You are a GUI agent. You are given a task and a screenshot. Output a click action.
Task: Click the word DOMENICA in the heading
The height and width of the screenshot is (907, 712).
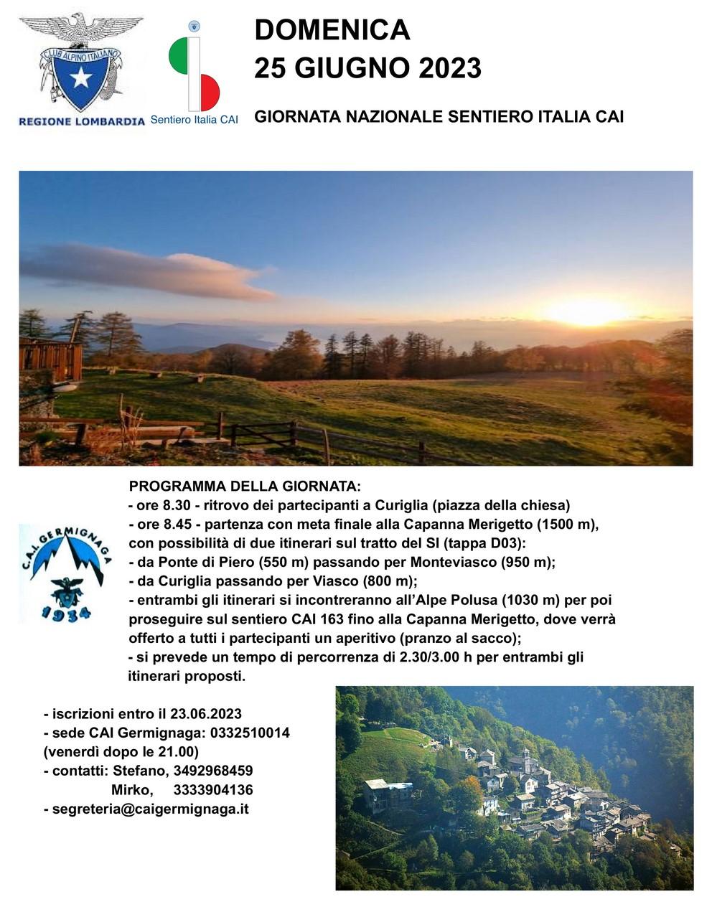tap(332, 30)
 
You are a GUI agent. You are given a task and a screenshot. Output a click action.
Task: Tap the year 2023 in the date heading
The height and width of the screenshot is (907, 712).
tap(450, 68)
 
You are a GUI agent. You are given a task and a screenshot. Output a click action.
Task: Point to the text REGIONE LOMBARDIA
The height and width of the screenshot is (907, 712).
tap(82, 121)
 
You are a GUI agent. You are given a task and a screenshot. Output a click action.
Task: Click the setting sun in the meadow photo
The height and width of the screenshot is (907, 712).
tap(585, 311)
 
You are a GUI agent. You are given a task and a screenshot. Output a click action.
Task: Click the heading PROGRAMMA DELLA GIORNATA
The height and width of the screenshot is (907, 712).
tap(245, 487)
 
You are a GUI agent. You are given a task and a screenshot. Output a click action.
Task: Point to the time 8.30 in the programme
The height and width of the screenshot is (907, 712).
tap(178, 505)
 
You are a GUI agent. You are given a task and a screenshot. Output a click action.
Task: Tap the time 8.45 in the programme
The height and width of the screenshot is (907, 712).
tap(178, 524)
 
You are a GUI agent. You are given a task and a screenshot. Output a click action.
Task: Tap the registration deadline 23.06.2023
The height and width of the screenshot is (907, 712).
tap(205, 714)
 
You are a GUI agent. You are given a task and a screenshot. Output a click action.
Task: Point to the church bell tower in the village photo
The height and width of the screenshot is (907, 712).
tap(527, 761)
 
